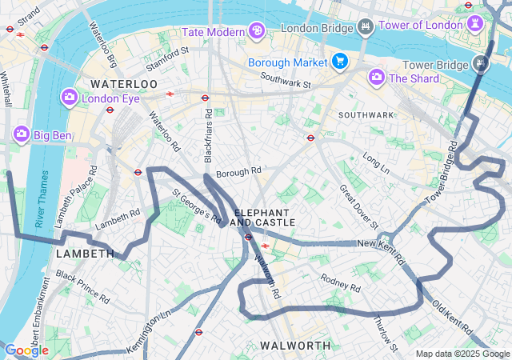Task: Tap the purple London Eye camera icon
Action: coord(70,98)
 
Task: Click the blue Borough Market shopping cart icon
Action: coord(340,62)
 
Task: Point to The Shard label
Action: coord(414,78)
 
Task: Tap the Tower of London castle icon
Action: coord(478,24)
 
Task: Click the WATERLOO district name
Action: coord(124,84)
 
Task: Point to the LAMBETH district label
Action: coord(85,254)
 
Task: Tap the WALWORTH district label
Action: coord(295,345)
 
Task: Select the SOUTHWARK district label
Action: coord(366,115)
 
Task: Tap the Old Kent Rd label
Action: coord(453,318)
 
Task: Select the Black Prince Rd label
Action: coord(83,290)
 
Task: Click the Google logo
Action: coord(26,350)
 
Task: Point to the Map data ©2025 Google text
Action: coord(462,354)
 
